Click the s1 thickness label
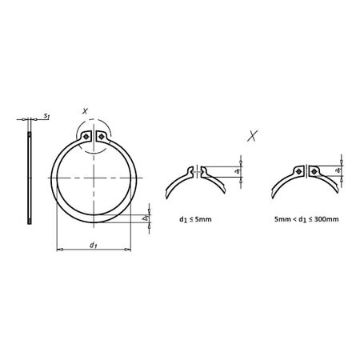coord(47,117)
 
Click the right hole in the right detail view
coord(315,170)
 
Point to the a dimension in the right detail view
coord(339,170)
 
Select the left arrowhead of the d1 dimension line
coord(58,250)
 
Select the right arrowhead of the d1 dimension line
coord(128,250)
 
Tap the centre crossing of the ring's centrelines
coord(94,178)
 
